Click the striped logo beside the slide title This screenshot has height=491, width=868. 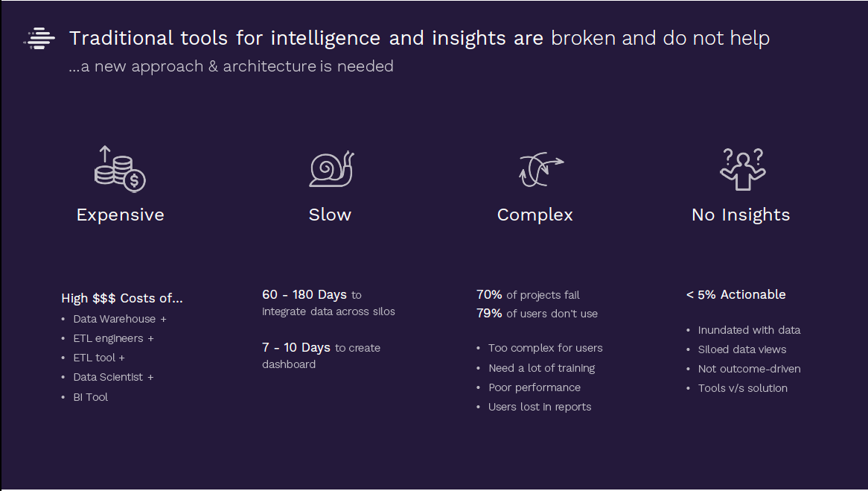[39, 38]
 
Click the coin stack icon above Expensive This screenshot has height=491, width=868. [120, 169]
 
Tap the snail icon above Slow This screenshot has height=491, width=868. [331, 169]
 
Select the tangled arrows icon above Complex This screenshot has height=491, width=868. [540, 169]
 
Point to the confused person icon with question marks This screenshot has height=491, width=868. [742, 169]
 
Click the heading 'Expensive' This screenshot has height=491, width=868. [120, 215]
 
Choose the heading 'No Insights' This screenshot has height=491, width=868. [741, 215]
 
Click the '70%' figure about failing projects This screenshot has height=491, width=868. [489, 295]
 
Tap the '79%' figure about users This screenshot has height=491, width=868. [489, 314]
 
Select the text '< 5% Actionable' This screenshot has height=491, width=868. [735, 295]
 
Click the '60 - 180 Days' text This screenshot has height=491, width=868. [304, 295]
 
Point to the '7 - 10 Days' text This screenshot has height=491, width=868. [296, 347]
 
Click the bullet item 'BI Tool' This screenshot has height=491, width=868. [91, 397]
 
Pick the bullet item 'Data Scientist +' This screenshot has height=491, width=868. [113, 378]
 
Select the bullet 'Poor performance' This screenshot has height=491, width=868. [534, 388]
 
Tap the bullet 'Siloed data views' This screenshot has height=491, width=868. [742, 349]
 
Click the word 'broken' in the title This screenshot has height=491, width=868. [583, 38]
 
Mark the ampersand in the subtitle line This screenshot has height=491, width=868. [213, 66]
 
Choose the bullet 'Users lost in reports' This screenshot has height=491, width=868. [540, 408]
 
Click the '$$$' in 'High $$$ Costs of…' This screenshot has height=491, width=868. [104, 298]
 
